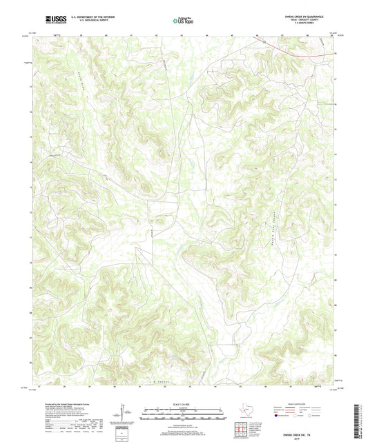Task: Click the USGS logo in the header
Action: click(x=52, y=16)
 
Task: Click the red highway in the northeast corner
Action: click(x=297, y=49)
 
